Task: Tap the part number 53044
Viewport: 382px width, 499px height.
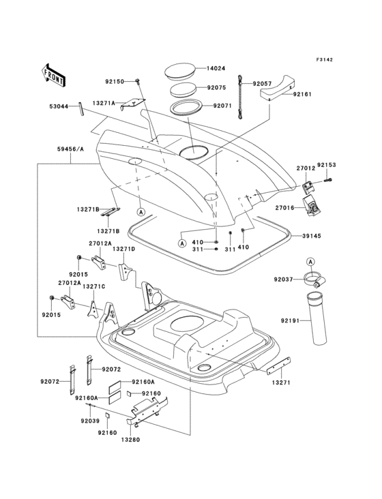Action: [x=59, y=106]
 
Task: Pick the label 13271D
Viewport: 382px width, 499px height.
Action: [x=123, y=250]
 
